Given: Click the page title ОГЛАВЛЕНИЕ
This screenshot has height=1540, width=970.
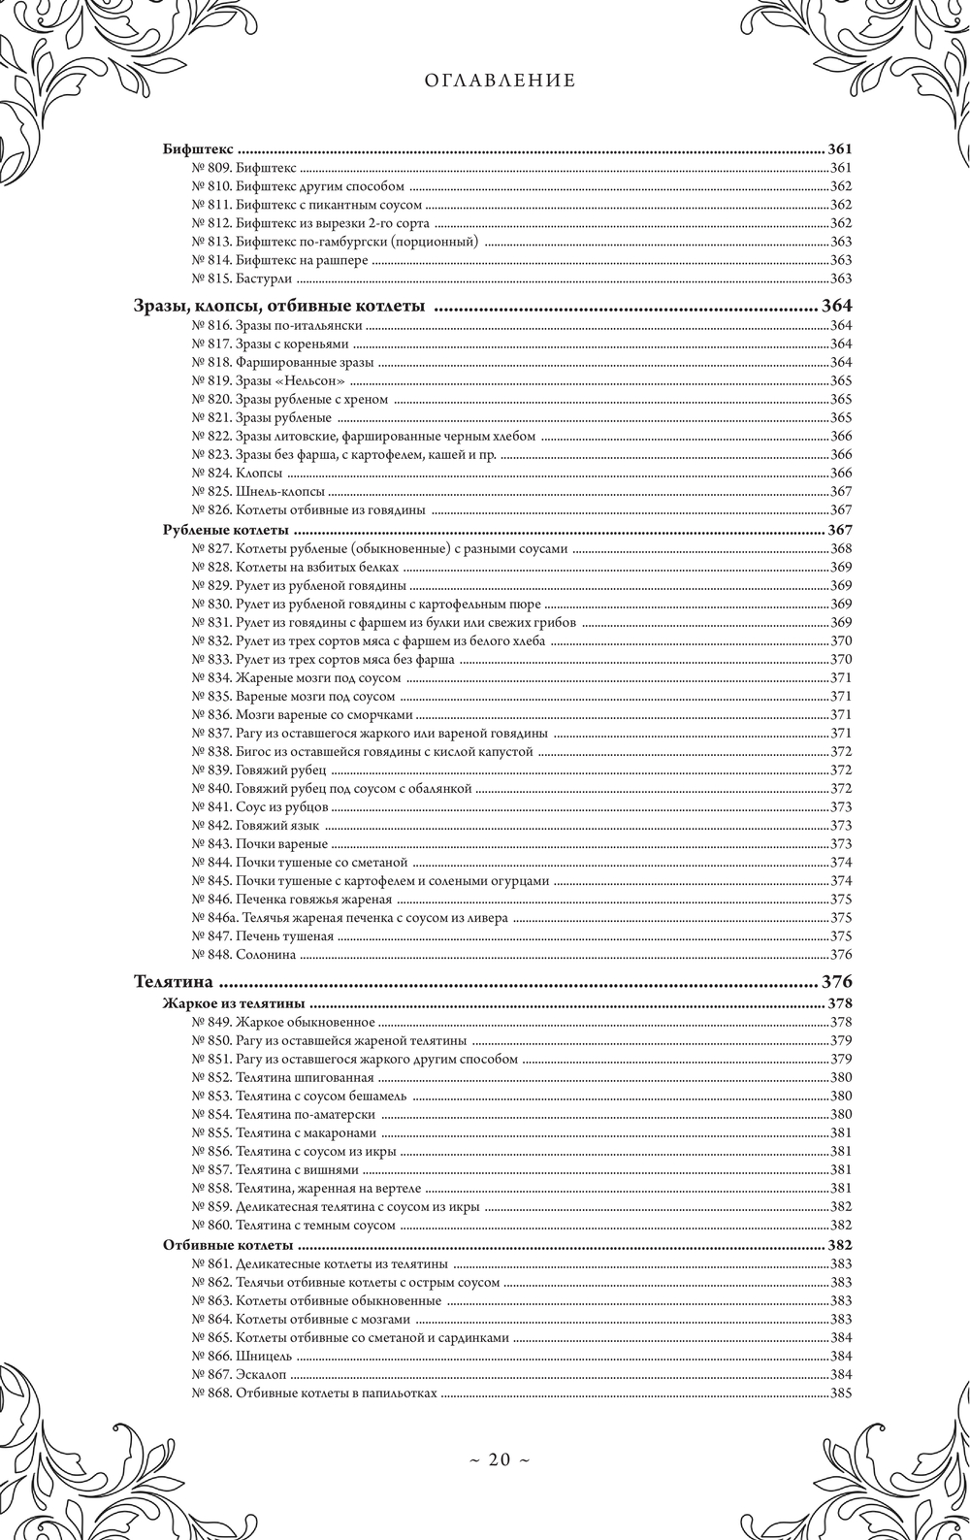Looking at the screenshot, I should (500, 82).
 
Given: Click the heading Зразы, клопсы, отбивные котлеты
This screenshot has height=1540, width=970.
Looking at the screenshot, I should (278, 307).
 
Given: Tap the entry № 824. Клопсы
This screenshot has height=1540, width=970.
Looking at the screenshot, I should (238, 473).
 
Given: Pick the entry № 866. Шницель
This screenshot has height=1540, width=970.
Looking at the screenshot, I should (242, 1356).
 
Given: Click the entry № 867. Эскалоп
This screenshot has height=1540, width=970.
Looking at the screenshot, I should (241, 1374).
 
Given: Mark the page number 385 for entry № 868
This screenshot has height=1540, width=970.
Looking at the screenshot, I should (840, 1393).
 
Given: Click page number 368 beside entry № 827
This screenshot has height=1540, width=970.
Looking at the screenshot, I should (840, 549).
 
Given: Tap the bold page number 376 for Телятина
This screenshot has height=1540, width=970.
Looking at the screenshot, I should (836, 981).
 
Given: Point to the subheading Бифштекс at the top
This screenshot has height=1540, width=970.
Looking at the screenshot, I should (197, 150).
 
